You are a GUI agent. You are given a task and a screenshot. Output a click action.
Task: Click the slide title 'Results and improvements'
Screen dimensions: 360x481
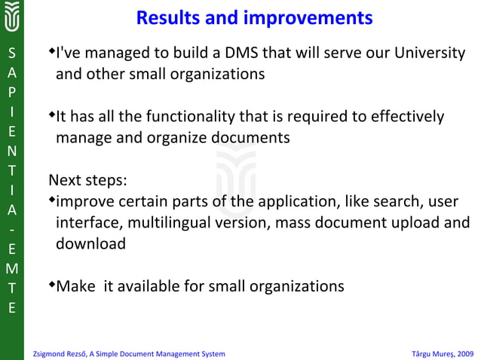(x=254, y=17)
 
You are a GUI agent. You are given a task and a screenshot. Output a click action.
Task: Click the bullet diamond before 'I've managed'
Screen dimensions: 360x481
(x=52, y=52)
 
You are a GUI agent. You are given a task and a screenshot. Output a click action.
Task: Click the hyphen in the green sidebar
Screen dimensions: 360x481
(x=11, y=228)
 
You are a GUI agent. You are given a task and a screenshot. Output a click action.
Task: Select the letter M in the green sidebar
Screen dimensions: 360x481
(x=11, y=268)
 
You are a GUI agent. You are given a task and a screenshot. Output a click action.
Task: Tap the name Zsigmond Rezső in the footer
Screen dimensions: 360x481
(x=61, y=353)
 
